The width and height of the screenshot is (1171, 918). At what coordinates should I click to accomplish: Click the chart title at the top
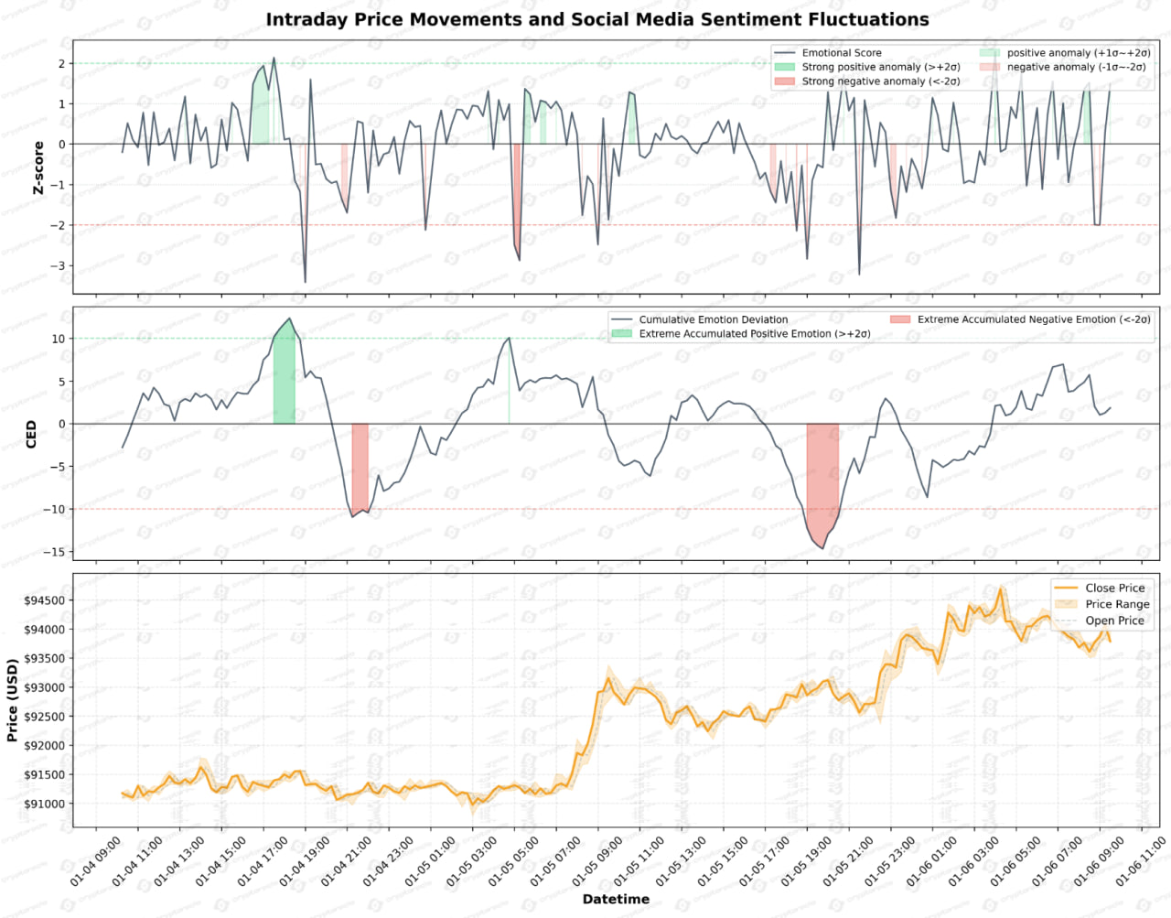(597, 19)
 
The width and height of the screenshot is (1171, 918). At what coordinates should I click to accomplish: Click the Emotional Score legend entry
(842, 53)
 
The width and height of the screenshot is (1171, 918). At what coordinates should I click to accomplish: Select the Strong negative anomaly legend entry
(881, 81)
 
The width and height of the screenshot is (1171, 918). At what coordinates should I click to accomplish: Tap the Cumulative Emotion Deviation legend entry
(713, 319)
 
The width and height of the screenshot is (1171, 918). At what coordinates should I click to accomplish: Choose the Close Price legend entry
(1114, 588)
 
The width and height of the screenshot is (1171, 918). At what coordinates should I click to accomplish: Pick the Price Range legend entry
(1117, 604)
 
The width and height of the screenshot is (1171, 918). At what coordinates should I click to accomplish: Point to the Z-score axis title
(38, 167)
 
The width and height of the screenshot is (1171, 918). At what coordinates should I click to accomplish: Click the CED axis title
(31, 434)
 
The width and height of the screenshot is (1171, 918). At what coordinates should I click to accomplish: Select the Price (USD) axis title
(12, 700)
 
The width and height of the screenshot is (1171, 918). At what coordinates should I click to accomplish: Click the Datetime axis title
(616, 899)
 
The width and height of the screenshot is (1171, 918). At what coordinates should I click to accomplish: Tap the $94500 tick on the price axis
(45, 601)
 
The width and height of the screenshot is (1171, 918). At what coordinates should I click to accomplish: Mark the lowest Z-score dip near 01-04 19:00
(305, 282)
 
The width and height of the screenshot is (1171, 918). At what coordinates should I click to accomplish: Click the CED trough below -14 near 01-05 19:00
(822, 548)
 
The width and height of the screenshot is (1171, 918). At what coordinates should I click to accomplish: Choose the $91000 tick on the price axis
(45, 804)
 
